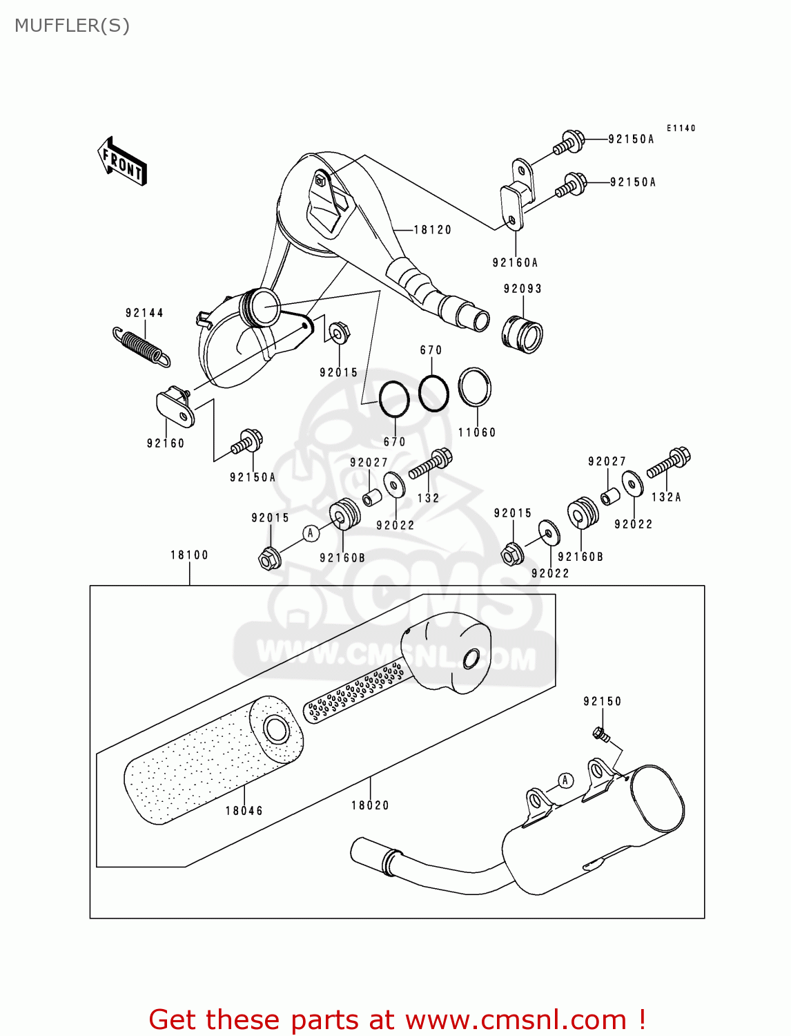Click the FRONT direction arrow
122,161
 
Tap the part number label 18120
432,230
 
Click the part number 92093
523,289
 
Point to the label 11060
477,432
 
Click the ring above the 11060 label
475,387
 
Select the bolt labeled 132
430,464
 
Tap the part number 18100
189,555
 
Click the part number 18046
244,811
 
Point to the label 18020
370,805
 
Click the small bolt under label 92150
600,734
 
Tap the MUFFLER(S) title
72,26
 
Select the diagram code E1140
681,128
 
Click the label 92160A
515,262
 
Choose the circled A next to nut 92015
311,533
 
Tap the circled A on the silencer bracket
565,780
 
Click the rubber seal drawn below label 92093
522,334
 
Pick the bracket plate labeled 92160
176,407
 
